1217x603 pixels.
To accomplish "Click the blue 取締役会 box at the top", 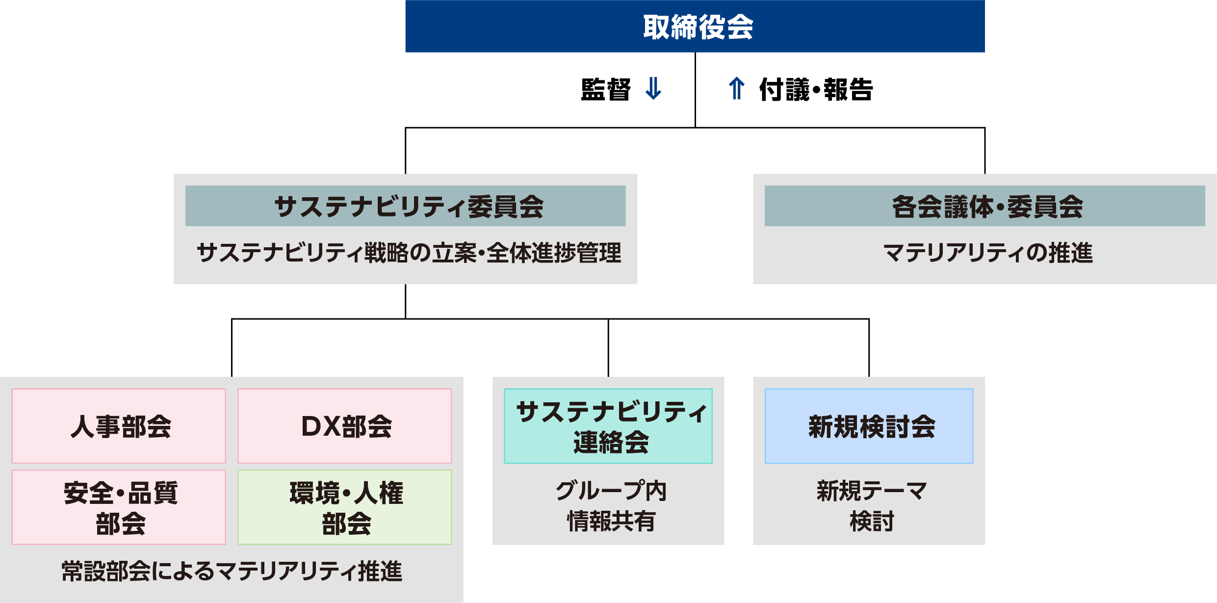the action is (x=695, y=26).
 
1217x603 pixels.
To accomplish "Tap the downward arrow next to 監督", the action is (x=653, y=89).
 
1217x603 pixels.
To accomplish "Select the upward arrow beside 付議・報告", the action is (x=736, y=89).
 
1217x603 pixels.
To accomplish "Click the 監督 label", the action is (x=606, y=89).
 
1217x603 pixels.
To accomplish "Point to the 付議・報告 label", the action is (x=816, y=89).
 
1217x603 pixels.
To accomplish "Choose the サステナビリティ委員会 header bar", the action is (x=405, y=206).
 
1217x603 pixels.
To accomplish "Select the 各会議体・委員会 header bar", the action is (x=984, y=206).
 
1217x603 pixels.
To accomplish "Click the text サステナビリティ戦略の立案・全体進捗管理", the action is (x=409, y=253).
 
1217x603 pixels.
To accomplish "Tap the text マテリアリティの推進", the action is (x=988, y=253).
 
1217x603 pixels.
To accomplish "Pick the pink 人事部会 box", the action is (x=119, y=426).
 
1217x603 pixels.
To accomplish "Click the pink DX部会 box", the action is (x=345, y=426).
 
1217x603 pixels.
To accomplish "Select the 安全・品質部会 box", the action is (x=119, y=507).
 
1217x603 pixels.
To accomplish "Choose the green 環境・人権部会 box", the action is (x=345, y=507).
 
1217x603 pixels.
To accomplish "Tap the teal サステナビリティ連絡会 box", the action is (x=608, y=426).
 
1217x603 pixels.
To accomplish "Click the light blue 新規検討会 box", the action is (x=869, y=426).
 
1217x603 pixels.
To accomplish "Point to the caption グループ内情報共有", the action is (x=611, y=506).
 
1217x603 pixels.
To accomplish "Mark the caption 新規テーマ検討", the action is (x=872, y=506).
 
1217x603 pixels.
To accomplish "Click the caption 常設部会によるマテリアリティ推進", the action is (x=232, y=571).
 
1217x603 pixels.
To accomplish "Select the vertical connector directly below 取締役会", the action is (x=695, y=90).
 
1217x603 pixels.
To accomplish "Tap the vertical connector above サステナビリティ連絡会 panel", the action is (x=608, y=348).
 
